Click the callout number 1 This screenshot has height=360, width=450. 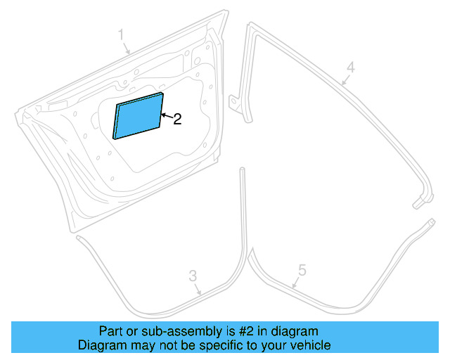click(x=121, y=34)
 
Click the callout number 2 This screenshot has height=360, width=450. click(x=177, y=120)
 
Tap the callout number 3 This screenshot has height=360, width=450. click(x=192, y=275)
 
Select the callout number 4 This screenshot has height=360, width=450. click(x=350, y=67)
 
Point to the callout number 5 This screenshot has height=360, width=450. click(x=302, y=269)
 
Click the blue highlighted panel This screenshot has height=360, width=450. click(x=139, y=116)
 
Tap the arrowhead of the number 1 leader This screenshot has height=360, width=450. click(x=129, y=53)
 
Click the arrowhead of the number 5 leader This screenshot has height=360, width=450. click(x=293, y=288)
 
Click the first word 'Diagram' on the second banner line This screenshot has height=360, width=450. click(x=101, y=345)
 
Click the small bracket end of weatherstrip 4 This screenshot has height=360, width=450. click(x=419, y=204)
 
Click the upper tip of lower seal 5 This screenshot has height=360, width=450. click(x=430, y=223)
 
